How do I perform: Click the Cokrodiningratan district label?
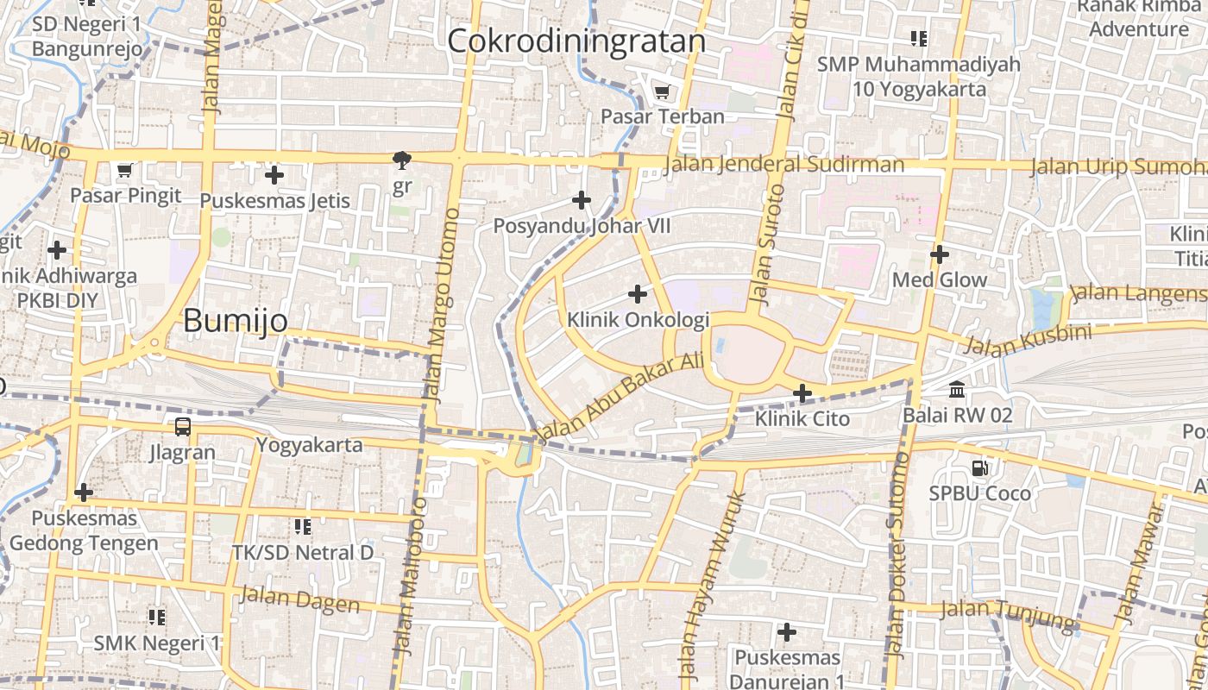(x=576, y=41)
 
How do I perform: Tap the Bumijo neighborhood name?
(x=236, y=321)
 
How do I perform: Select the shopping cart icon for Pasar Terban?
(x=662, y=91)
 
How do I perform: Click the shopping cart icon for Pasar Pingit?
(x=124, y=170)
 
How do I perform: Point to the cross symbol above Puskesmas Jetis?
(x=274, y=175)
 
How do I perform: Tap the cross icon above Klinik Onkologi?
(x=638, y=295)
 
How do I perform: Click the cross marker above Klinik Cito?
(x=802, y=394)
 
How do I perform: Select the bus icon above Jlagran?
(x=182, y=426)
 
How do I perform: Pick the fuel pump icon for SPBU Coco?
(x=979, y=468)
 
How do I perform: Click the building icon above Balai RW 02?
(x=957, y=390)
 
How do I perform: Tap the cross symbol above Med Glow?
(x=940, y=254)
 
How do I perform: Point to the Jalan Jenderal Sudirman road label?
(x=785, y=164)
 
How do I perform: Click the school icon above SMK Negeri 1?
(x=156, y=617)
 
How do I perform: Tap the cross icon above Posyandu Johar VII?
(x=582, y=201)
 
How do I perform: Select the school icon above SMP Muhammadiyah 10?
(x=919, y=39)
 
